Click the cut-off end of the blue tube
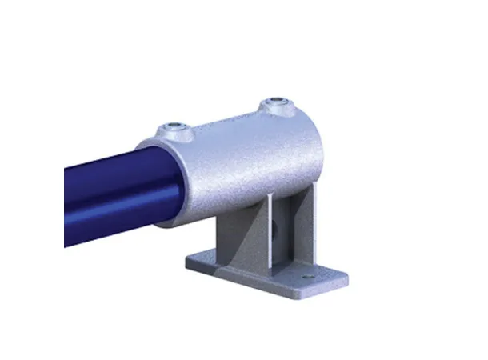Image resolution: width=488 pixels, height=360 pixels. (x=66, y=204)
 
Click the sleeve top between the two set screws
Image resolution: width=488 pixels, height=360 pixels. (x=224, y=120)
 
